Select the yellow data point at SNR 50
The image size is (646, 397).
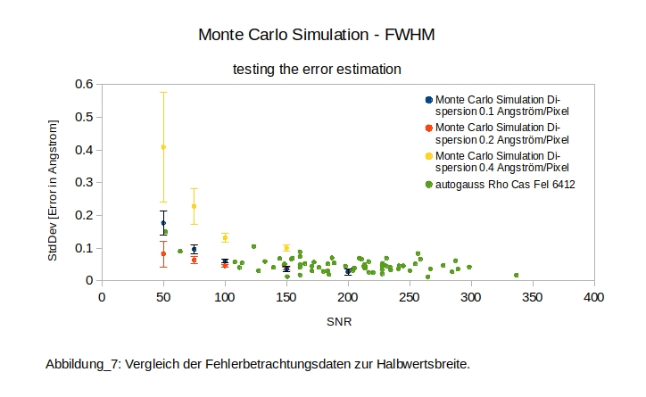tap(163, 147)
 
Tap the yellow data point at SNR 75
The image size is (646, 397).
tap(194, 206)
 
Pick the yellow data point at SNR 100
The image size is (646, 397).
tap(225, 237)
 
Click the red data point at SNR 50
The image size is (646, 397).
tap(163, 253)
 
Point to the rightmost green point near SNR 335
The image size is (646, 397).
tap(517, 276)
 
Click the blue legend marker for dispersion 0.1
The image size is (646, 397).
tap(429, 99)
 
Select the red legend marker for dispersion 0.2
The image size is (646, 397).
tap(429, 128)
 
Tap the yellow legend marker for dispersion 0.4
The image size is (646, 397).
tap(429, 156)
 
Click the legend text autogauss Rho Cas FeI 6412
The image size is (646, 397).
tap(505, 185)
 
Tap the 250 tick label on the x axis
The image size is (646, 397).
tap(410, 296)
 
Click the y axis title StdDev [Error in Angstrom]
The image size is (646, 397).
tap(54, 182)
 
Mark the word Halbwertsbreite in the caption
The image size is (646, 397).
tap(425, 364)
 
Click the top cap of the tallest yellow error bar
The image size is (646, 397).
tap(163, 92)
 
